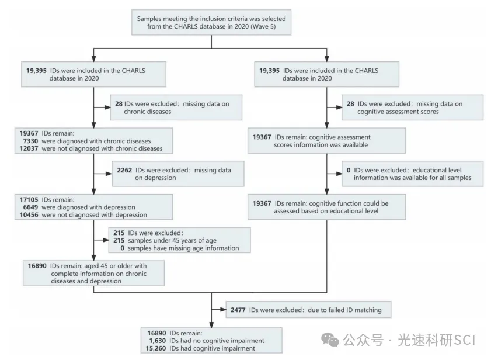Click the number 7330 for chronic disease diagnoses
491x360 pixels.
tap(30, 141)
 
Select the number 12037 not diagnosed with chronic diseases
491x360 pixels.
tap(29, 148)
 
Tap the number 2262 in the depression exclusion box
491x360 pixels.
tap(124, 170)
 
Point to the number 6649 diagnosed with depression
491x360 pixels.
tap(30, 207)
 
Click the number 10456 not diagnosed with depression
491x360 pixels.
tap(29, 215)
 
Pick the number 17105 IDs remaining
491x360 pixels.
tap(29, 200)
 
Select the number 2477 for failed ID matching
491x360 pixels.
tap(238, 310)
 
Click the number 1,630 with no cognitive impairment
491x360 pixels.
tap(157, 341)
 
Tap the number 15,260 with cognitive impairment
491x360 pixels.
tap(156, 349)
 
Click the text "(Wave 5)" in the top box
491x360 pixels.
tap(263, 27)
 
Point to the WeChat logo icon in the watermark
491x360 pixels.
tap(330, 340)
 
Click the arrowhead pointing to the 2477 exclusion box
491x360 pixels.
tap(223, 310)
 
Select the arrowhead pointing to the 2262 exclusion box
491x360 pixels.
tap(109, 174)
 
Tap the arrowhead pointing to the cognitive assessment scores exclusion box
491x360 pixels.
tap(339, 108)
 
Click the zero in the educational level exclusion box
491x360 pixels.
tap(349, 170)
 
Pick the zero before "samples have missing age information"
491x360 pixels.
tap(122, 248)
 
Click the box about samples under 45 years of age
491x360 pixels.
tap(179, 240)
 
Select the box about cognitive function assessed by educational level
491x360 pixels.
tap(326, 207)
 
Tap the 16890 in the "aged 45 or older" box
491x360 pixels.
tap(37, 266)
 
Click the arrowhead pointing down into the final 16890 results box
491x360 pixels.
tap(211, 324)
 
